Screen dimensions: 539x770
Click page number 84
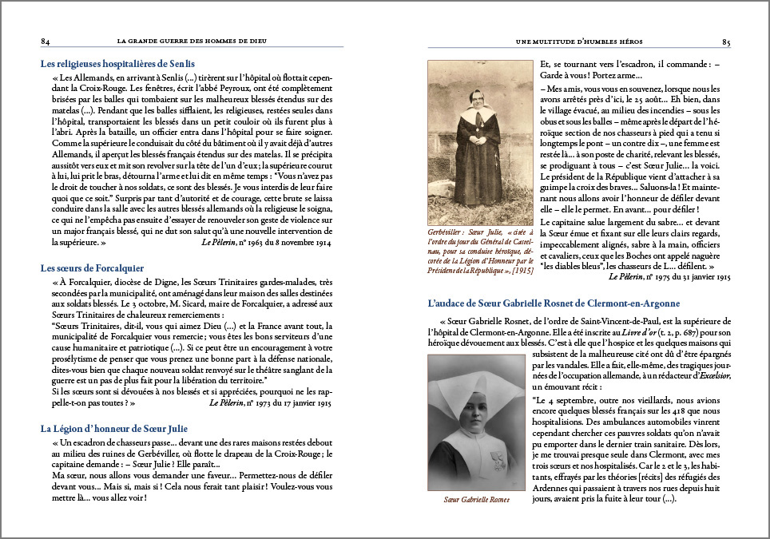click(46, 42)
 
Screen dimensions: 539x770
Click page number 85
click(725, 42)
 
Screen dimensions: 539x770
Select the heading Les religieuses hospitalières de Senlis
click(117, 63)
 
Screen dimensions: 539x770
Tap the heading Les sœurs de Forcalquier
click(92, 268)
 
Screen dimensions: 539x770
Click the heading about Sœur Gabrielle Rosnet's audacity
click(554, 303)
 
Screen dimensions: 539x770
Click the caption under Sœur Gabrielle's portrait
click(476, 500)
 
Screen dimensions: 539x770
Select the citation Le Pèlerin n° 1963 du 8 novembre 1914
click(266, 241)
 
